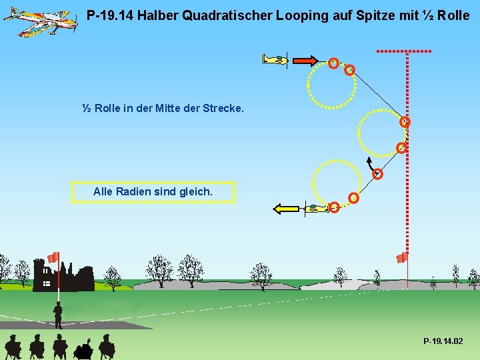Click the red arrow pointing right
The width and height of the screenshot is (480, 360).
(x=305, y=60)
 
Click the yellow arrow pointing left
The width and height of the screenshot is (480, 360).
(x=287, y=209)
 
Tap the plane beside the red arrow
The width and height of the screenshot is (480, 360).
(x=275, y=60)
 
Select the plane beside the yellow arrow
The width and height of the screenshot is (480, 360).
(x=315, y=209)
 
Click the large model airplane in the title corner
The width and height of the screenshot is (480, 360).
(x=40, y=22)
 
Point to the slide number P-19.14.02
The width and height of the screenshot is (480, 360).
(x=443, y=341)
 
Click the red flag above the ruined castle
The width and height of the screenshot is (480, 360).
(x=53, y=257)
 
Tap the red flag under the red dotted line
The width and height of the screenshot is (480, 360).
(x=401, y=257)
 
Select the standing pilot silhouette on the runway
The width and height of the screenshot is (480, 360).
(x=58, y=315)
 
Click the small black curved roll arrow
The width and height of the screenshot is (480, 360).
(x=370, y=165)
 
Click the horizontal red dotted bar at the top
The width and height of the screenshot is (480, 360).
(x=404, y=51)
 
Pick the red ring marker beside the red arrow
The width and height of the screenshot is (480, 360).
(x=333, y=63)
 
